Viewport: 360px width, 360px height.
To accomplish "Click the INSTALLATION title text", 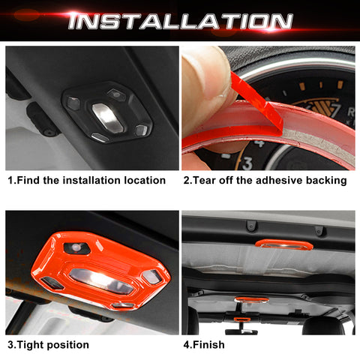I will (x=179, y=20).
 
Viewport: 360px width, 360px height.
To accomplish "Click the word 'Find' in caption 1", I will (x=31, y=180).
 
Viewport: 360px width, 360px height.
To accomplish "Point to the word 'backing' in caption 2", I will (x=323, y=180).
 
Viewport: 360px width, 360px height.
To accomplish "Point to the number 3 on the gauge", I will (x=246, y=161).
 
